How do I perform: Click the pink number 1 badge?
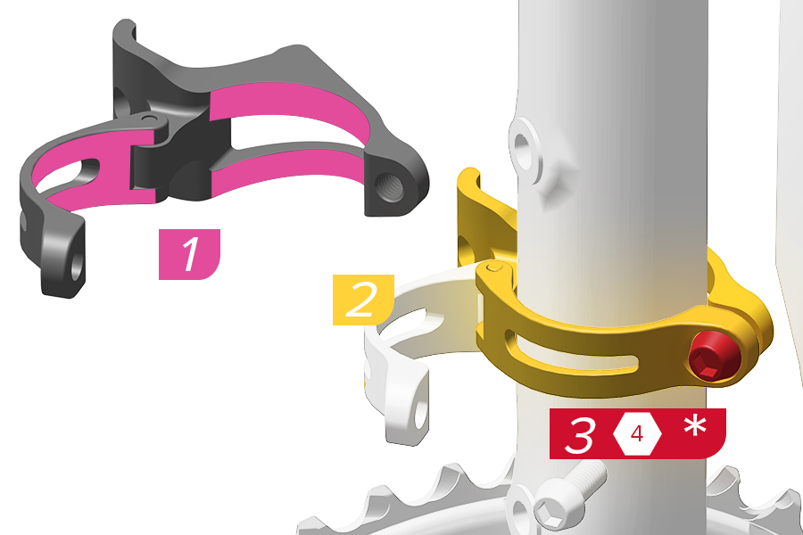coord(189,254)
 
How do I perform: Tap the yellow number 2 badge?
coord(363,300)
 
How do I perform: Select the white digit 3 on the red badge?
coord(580,434)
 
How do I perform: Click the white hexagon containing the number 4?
coord(637,434)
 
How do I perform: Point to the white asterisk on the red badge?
coord(695,426)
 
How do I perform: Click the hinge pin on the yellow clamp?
coord(493,267)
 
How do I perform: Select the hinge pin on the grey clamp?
coord(149,119)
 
